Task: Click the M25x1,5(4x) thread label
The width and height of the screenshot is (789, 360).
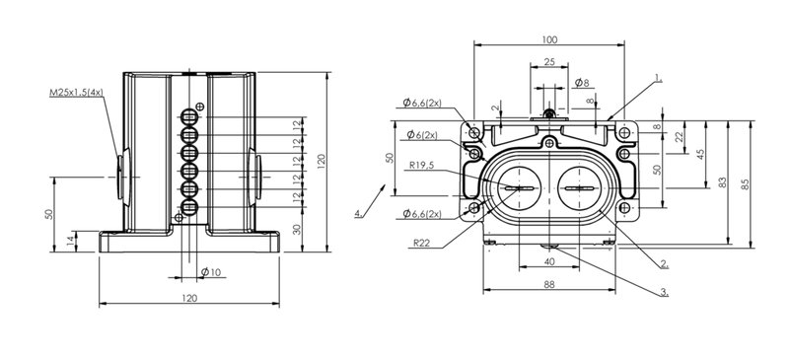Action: [77, 92]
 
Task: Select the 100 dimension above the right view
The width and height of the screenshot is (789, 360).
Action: [549, 39]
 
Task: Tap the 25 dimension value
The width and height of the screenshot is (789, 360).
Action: [549, 61]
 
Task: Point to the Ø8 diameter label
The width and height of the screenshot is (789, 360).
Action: [582, 83]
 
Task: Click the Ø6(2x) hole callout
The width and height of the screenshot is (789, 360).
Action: [422, 134]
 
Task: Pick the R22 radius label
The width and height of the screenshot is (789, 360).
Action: [422, 243]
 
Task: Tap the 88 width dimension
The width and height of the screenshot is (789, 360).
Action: [549, 284]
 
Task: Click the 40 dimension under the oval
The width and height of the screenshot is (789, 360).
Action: [549, 261]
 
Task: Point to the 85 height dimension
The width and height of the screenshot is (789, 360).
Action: [746, 184]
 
